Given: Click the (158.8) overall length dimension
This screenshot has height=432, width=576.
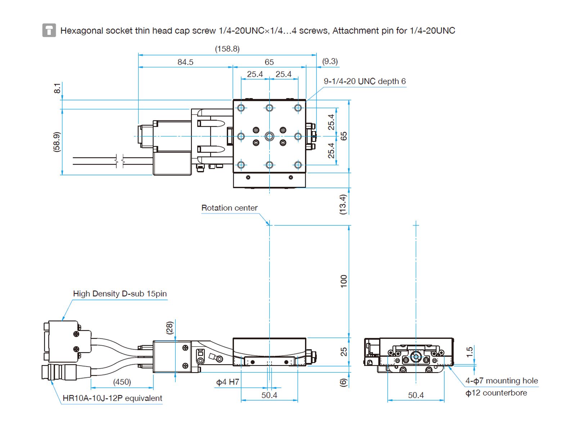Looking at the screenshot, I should coord(227,49).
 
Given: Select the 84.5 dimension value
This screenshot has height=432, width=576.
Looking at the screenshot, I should coord(185,62).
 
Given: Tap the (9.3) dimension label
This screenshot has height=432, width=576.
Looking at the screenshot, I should coord(330,61).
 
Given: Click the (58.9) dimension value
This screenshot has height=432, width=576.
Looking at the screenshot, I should coord(57,142).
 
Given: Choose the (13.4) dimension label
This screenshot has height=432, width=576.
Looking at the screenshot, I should coord(343,204).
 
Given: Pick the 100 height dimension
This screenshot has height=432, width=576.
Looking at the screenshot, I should coord(344,281).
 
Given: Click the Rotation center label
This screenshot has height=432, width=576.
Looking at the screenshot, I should coord(229,208).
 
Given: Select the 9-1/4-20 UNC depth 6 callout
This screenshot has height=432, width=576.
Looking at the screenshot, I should coord(364,81).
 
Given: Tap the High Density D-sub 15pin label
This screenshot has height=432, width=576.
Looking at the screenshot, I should coord(120,294).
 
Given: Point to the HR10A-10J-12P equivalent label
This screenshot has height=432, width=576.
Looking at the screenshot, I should coord(112,398).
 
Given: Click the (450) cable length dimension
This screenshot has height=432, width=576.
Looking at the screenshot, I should coord(122,382).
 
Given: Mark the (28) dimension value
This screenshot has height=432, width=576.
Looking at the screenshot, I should coord(170,328).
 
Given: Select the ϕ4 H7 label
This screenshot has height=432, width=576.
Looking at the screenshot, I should coord(228,382).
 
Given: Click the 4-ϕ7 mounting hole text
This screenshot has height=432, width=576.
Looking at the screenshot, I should coord(501,381).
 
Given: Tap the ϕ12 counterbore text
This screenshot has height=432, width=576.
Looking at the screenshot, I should coord(496,393).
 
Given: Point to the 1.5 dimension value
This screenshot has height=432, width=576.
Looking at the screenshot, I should coord(469,352).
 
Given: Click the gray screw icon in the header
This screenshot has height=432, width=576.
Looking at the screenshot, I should coord(49,30).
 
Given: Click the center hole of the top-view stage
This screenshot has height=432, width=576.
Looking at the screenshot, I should coord(269,136).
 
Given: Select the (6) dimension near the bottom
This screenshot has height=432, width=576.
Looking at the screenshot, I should coord(343,383).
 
